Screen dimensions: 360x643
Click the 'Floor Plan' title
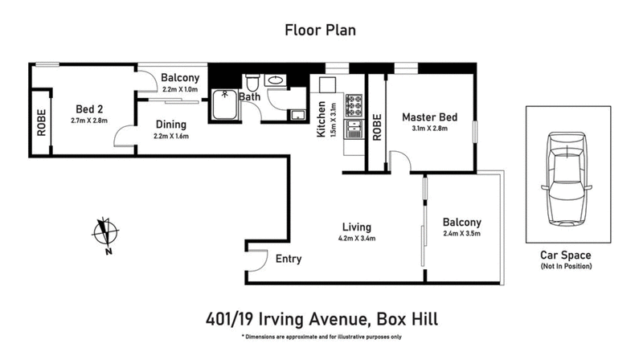pos(321,31)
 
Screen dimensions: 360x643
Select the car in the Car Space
pos(567,181)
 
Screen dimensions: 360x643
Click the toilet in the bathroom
pos(252,83)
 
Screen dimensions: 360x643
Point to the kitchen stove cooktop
pos(354,104)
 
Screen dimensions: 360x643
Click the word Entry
pos(289,259)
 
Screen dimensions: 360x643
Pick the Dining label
pos(170,125)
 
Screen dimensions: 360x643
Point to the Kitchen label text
pos(321,120)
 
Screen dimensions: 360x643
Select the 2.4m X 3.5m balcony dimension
pos(461,235)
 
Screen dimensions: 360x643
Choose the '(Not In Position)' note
pos(567,265)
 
